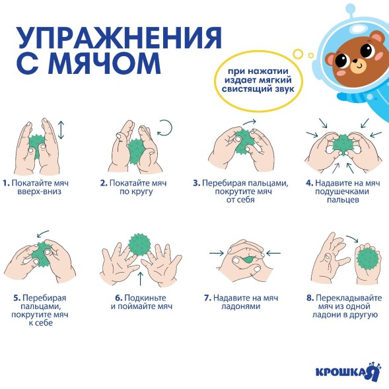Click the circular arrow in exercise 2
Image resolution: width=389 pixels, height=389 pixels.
[x=164, y=127]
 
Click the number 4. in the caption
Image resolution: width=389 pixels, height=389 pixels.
[x=309, y=182]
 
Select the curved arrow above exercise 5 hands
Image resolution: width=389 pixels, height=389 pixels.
[x=43, y=234]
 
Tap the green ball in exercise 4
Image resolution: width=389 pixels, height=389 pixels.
[x=342, y=143]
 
